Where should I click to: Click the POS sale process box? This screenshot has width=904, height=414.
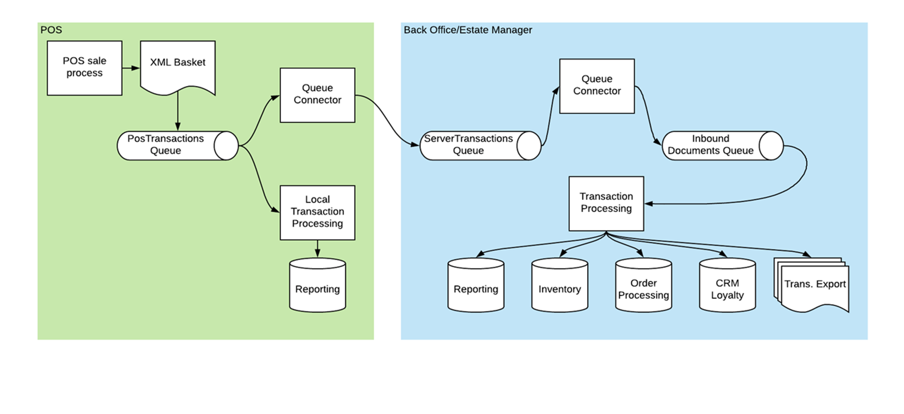point(84,68)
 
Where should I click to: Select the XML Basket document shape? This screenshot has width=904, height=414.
point(178,66)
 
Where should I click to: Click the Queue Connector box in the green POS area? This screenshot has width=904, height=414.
point(317,95)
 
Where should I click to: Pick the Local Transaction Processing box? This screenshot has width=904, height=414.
point(317,212)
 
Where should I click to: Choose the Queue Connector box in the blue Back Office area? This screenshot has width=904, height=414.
point(597,86)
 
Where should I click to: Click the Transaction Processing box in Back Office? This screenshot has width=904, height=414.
point(606,203)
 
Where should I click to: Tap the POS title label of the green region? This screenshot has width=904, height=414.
point(51,30)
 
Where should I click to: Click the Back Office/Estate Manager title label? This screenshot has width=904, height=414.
point(468,30)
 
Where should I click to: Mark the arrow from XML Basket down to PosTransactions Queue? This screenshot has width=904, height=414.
point(178,112)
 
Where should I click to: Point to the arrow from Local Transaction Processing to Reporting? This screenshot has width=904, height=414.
point(317,248)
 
